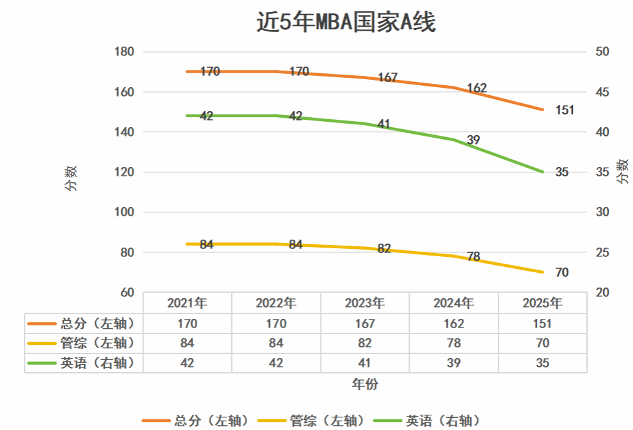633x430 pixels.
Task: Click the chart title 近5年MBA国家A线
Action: click(346, 23)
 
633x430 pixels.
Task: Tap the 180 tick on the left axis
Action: click(125, 52)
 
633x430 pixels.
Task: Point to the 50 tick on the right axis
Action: click(603, 52)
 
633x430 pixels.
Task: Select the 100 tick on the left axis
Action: click(125, 212)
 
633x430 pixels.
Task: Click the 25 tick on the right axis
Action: click(603, 253)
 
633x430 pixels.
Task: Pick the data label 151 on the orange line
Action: click(564, 110)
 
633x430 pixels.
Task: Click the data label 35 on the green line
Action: click(562, 172)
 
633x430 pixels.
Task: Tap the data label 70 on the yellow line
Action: click(562, 273)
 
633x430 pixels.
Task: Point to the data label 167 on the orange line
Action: click(388, 78)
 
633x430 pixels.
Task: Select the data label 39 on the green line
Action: click(473, 140)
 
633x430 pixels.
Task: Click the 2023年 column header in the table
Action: click(364, 304)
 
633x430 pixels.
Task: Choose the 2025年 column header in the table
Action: click(542, 304)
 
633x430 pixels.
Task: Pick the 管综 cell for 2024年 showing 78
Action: click(454, 343)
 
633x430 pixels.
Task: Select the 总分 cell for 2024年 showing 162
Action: click(454, 324)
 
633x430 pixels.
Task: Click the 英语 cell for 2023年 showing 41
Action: click(364, 363)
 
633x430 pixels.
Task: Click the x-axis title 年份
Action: click(364, 385)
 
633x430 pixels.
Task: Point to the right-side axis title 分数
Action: click(622, 172)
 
